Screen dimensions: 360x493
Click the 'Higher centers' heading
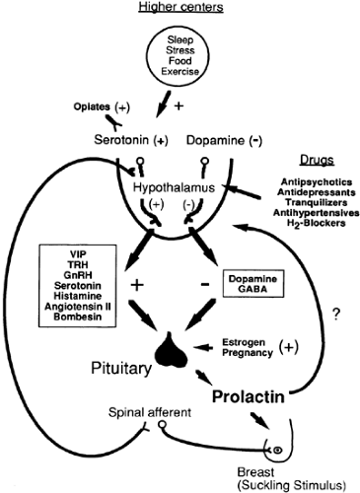click(x=180, y=7)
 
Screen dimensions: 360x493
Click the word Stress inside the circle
click(x=180, y=50)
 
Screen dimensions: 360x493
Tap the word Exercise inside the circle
click(x=180, y=71)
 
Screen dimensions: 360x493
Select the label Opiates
click(x=92, y=106)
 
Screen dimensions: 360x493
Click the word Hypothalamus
click(x=174, y=187)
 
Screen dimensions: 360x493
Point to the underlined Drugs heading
click(x=317, y=160)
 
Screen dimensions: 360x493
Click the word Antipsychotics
click(x=317, y=181)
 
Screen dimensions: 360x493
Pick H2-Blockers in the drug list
click(x=317, y=223)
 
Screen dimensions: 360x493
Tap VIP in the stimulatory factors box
click(x=78, y=254)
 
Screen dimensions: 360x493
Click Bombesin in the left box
click(x=78, y=317)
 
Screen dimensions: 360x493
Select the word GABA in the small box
click(x=252, y=289)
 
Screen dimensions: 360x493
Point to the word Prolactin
click(x=249, y=396)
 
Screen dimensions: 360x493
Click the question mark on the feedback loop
click(x=335, y=316)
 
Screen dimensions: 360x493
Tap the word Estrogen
click(x=244, y=342)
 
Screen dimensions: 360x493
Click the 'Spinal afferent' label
click(x=150, y=412)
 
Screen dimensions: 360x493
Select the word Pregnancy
click(x=248, y=353)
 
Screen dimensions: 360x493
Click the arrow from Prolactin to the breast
click(x=260, y=421)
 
